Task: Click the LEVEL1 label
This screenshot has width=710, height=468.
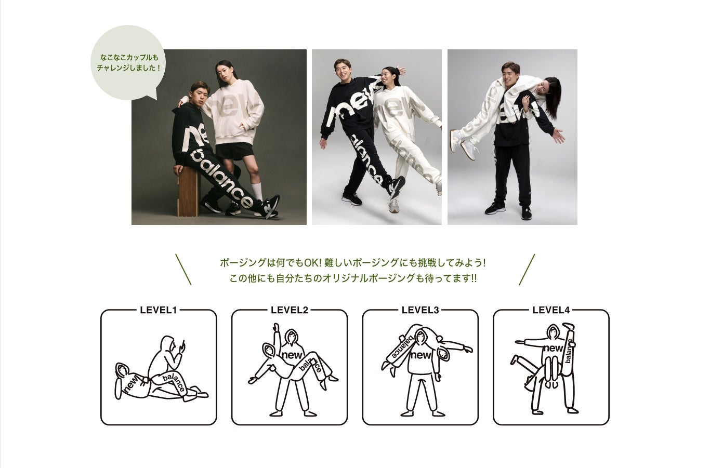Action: [x=158, y=310]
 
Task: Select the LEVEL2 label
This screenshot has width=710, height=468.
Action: [x=289, y=310]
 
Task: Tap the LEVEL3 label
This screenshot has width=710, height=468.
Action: [x=420, y=310]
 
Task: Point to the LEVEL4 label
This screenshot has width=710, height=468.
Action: [x=551, y=310]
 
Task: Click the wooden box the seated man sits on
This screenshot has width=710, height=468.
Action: [x=189, y=191]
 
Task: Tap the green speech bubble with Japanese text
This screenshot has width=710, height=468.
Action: [x=128, y=63]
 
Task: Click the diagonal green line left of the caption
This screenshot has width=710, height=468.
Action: [x=183, y=270]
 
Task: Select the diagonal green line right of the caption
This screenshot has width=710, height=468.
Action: [x=527, y=270]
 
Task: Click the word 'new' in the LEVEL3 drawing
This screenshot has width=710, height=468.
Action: [x=421, y=355]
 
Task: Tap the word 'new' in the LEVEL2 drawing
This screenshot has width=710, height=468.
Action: [x=292, y=355]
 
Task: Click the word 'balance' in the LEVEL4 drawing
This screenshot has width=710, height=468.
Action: [x=569, y=351]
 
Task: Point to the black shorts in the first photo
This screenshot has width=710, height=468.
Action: [x=234, y=151]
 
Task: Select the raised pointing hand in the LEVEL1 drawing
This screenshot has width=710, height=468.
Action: [x=181, y=346]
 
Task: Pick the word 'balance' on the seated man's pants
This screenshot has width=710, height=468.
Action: [x=222, y=178]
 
